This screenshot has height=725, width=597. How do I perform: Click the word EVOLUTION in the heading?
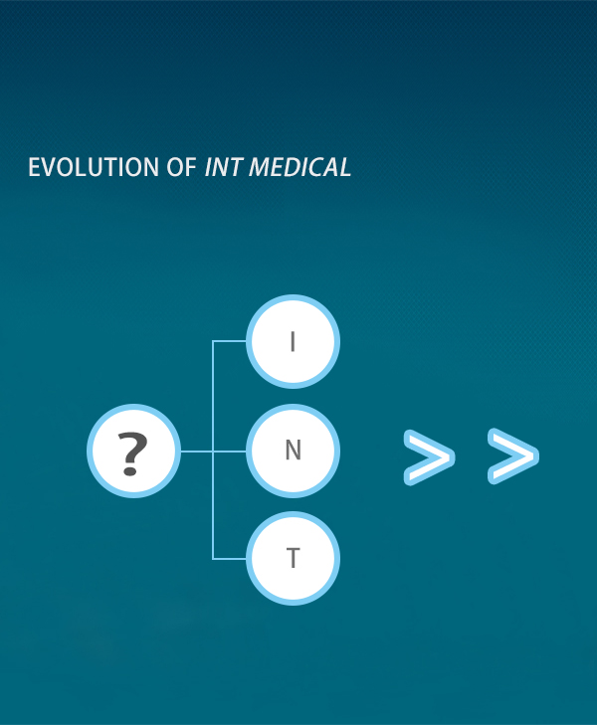[x=94, y=167]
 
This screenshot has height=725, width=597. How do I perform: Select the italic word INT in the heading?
[x=223, y=167]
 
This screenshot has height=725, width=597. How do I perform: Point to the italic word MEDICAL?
[x=300, y=167]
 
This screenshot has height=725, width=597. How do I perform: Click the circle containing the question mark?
[x=133, y=451]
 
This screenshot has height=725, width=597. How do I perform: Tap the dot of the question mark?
[x=130, y=471]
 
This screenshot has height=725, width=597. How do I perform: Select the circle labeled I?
[x=293, y=341]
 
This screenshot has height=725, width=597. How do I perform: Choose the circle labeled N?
[x=293, y=451]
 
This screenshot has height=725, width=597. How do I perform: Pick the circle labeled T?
[x=293, y=559]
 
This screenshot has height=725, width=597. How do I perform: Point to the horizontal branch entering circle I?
[x=230, y=341]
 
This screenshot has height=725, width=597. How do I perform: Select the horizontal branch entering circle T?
[x=230, y=559]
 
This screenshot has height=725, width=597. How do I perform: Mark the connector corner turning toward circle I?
[x=213, y=341]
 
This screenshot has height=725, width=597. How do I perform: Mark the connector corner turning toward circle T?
[x=213, y=559]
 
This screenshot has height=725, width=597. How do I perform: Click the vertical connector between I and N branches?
[x=213, y=396]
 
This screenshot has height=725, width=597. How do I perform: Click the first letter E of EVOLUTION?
[x=34, y=167]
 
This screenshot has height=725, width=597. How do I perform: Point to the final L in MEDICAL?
[x=344, y=167]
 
